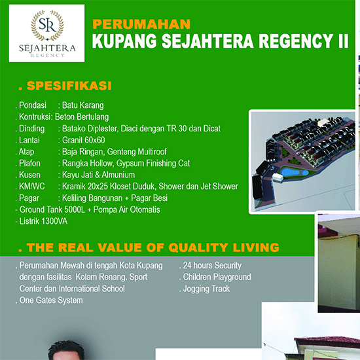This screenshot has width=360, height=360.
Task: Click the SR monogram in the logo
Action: click(x=47, y=25)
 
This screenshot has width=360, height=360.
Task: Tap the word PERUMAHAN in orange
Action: click(x=141, y=24)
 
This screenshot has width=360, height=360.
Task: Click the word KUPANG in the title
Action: click(x=124, y=41)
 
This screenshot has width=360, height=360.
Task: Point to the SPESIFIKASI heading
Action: click(x=69, y=86)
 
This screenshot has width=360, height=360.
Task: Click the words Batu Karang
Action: click(x=83, y=105)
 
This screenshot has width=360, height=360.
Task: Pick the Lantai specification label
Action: click(x=29, y=140)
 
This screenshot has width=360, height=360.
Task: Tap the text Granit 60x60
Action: click(x=84, y=140)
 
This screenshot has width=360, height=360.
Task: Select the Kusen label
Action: click(x=29, y=175)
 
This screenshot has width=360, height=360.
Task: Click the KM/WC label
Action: click(x=32, y=186)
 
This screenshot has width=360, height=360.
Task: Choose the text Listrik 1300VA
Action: click(x=43, y=221)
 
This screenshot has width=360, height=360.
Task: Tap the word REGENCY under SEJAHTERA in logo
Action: click(x=48, y=55)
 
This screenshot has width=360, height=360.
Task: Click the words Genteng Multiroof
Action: click(x=137, y=152)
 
